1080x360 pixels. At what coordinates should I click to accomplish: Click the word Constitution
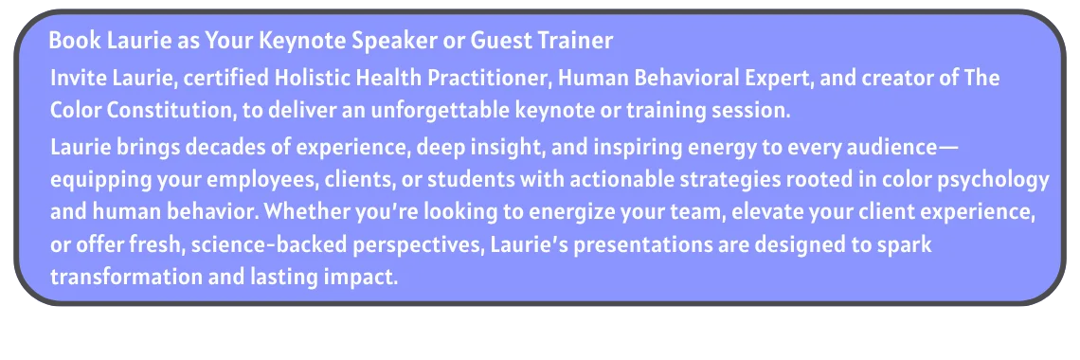[171, 111]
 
